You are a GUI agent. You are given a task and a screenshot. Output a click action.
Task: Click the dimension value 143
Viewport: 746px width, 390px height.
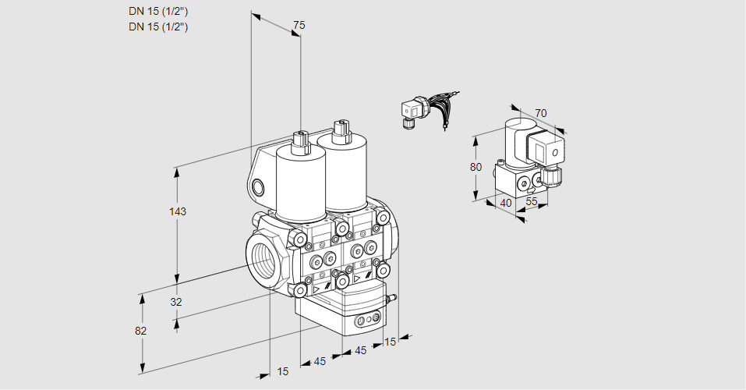pos(179,212)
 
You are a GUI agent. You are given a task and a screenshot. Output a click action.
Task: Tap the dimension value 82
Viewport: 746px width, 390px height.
pos(141,331)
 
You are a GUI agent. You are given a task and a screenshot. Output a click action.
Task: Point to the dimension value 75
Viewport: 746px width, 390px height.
pos(298,26)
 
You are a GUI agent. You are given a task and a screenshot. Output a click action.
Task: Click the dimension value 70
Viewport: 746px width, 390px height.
pos(541,114)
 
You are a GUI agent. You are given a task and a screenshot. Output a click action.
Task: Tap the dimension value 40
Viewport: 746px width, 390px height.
pos(506,204)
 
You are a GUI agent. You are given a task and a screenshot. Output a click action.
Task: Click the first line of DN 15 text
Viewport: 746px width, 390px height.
pos(158,11)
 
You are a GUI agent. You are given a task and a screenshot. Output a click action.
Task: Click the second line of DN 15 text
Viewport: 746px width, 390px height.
pos(158,27)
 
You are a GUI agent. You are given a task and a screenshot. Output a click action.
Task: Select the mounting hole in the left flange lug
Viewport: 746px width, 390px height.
pos(258,187)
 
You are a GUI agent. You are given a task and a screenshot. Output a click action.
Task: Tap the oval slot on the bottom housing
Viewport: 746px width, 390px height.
pos(367,321)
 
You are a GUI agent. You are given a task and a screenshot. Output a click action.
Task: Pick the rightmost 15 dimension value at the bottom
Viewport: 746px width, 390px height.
pos(391,342)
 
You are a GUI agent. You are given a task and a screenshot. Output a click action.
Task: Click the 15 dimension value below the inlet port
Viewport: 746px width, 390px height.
pos(282,371)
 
